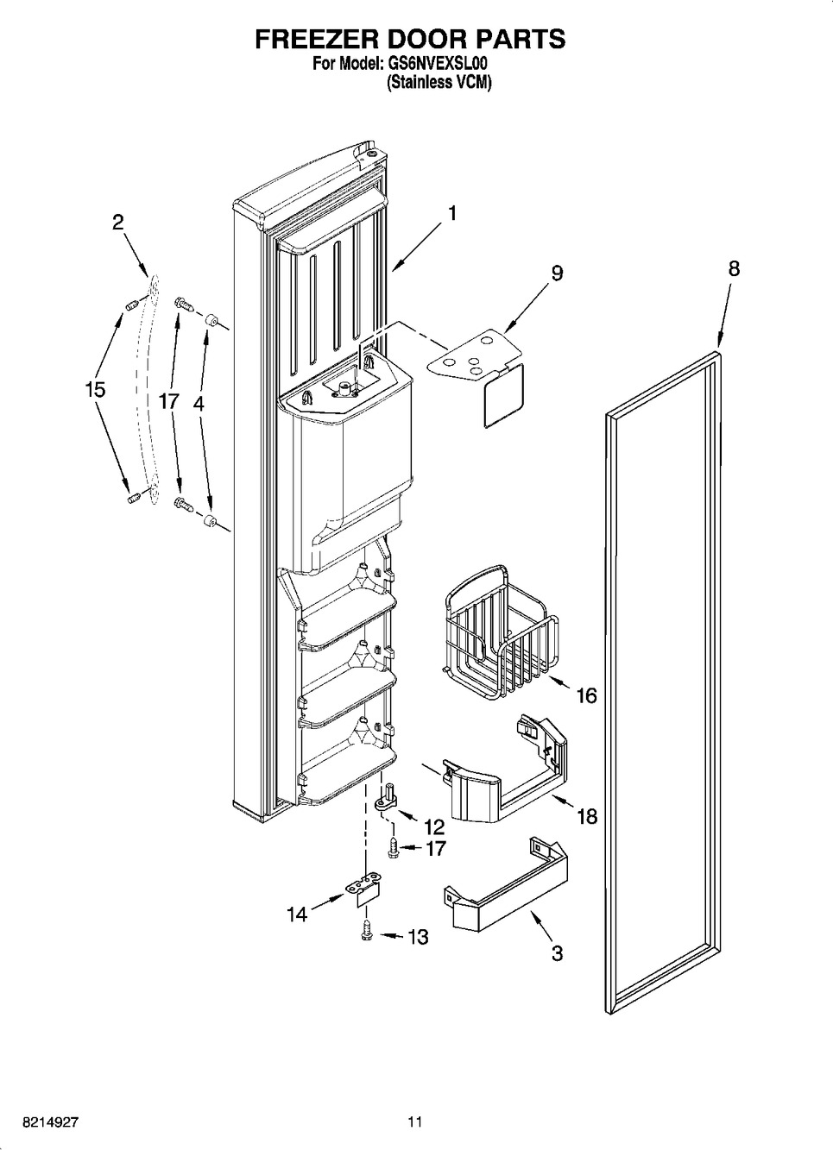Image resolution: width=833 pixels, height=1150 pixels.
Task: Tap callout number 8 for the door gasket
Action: (733, 268)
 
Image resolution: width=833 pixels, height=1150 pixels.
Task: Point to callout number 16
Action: (586, 694)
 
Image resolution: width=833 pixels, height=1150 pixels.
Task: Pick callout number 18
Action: (586, 815)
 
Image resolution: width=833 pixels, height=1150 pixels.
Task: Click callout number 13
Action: (417, 936)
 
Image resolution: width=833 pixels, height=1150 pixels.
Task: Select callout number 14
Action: (297, 914)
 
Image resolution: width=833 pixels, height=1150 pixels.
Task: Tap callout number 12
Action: (434, 826)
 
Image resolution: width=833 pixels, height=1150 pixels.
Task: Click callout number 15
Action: (95, 389)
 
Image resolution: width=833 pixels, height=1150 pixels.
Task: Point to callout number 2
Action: (117, 222)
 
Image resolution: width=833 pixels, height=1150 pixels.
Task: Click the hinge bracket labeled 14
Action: (363, 889)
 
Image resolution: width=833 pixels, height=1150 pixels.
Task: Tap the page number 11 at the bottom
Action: (415, 1122)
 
